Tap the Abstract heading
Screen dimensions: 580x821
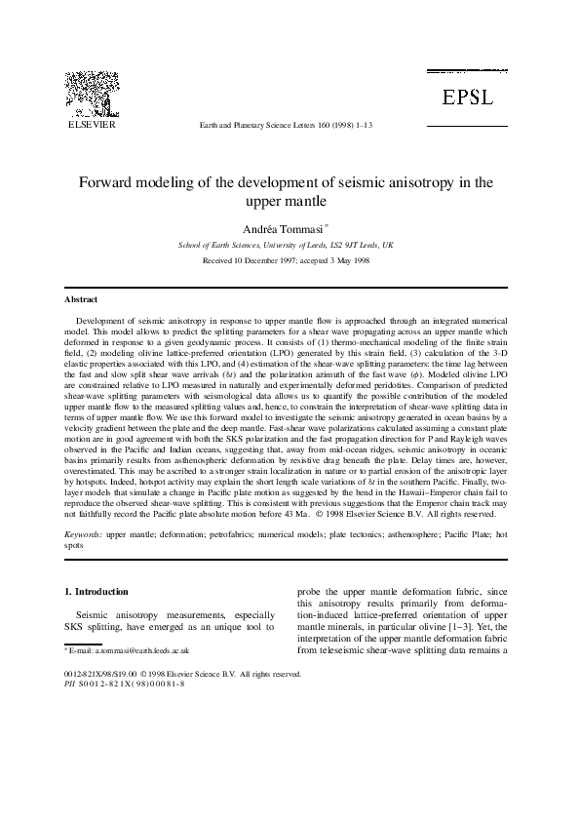[x=81, y=299]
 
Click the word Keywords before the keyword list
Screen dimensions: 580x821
[x=83, y=536]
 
